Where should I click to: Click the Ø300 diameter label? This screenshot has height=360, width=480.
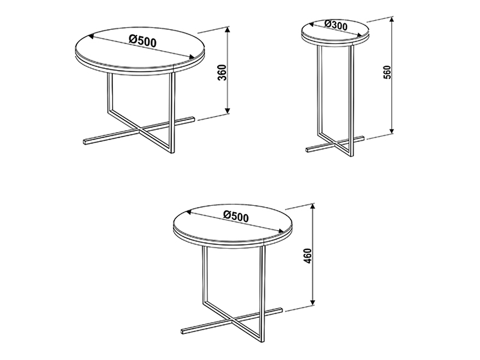[336, 24]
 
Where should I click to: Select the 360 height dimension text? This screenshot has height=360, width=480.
[223, 72]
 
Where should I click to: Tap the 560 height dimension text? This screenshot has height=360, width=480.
[387, 72]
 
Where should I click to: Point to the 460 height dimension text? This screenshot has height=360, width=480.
[308, 256]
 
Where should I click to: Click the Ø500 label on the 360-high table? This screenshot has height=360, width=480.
[143, 41]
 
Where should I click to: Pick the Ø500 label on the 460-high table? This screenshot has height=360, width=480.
[236, 216]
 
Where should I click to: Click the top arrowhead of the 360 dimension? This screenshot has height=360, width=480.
[227, 30]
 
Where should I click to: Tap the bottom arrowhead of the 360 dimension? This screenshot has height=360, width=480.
[227, 110]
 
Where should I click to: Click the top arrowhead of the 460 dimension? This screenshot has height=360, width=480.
[312, 206]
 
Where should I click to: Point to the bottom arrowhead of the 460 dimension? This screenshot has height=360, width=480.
[312, 302]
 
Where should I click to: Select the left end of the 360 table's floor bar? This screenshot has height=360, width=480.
[85, 142]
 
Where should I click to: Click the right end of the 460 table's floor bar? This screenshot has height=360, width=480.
[281, 310]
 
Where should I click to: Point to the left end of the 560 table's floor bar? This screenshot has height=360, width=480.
[307, 150]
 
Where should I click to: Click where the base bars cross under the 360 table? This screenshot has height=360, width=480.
[140, 131]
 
